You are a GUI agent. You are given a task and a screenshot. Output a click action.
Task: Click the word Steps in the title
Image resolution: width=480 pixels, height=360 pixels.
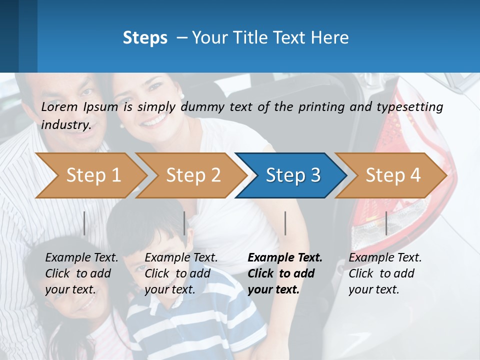click(x=145, y=38)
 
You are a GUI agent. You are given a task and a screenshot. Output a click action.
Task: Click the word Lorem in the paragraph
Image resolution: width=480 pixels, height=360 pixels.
click(x=59, y=107)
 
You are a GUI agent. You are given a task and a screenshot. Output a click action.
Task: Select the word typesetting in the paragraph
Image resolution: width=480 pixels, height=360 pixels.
click(x=410, y=107)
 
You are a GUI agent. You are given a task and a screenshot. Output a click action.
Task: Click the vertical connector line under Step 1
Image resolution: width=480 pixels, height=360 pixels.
click(x=84, y=223)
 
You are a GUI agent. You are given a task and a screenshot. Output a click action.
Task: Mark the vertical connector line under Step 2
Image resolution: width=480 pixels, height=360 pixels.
click(x=184, y=223)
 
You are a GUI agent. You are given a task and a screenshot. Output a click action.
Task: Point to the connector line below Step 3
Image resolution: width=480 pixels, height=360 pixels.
click(x=285, y=223)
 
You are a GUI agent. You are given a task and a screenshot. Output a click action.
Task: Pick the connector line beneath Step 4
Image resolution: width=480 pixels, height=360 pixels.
click(x=386, y=223)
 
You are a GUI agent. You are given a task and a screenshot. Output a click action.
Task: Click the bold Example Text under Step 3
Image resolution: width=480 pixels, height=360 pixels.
click(x=285, y=258)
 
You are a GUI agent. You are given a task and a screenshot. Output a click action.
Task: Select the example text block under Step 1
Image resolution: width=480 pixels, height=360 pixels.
click(x=81, y=273)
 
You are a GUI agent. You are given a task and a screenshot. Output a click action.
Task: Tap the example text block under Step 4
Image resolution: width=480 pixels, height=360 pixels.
click(x=385, y=273)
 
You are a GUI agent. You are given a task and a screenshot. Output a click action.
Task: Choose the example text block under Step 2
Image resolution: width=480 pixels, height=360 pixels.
click(x=181, y=273)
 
